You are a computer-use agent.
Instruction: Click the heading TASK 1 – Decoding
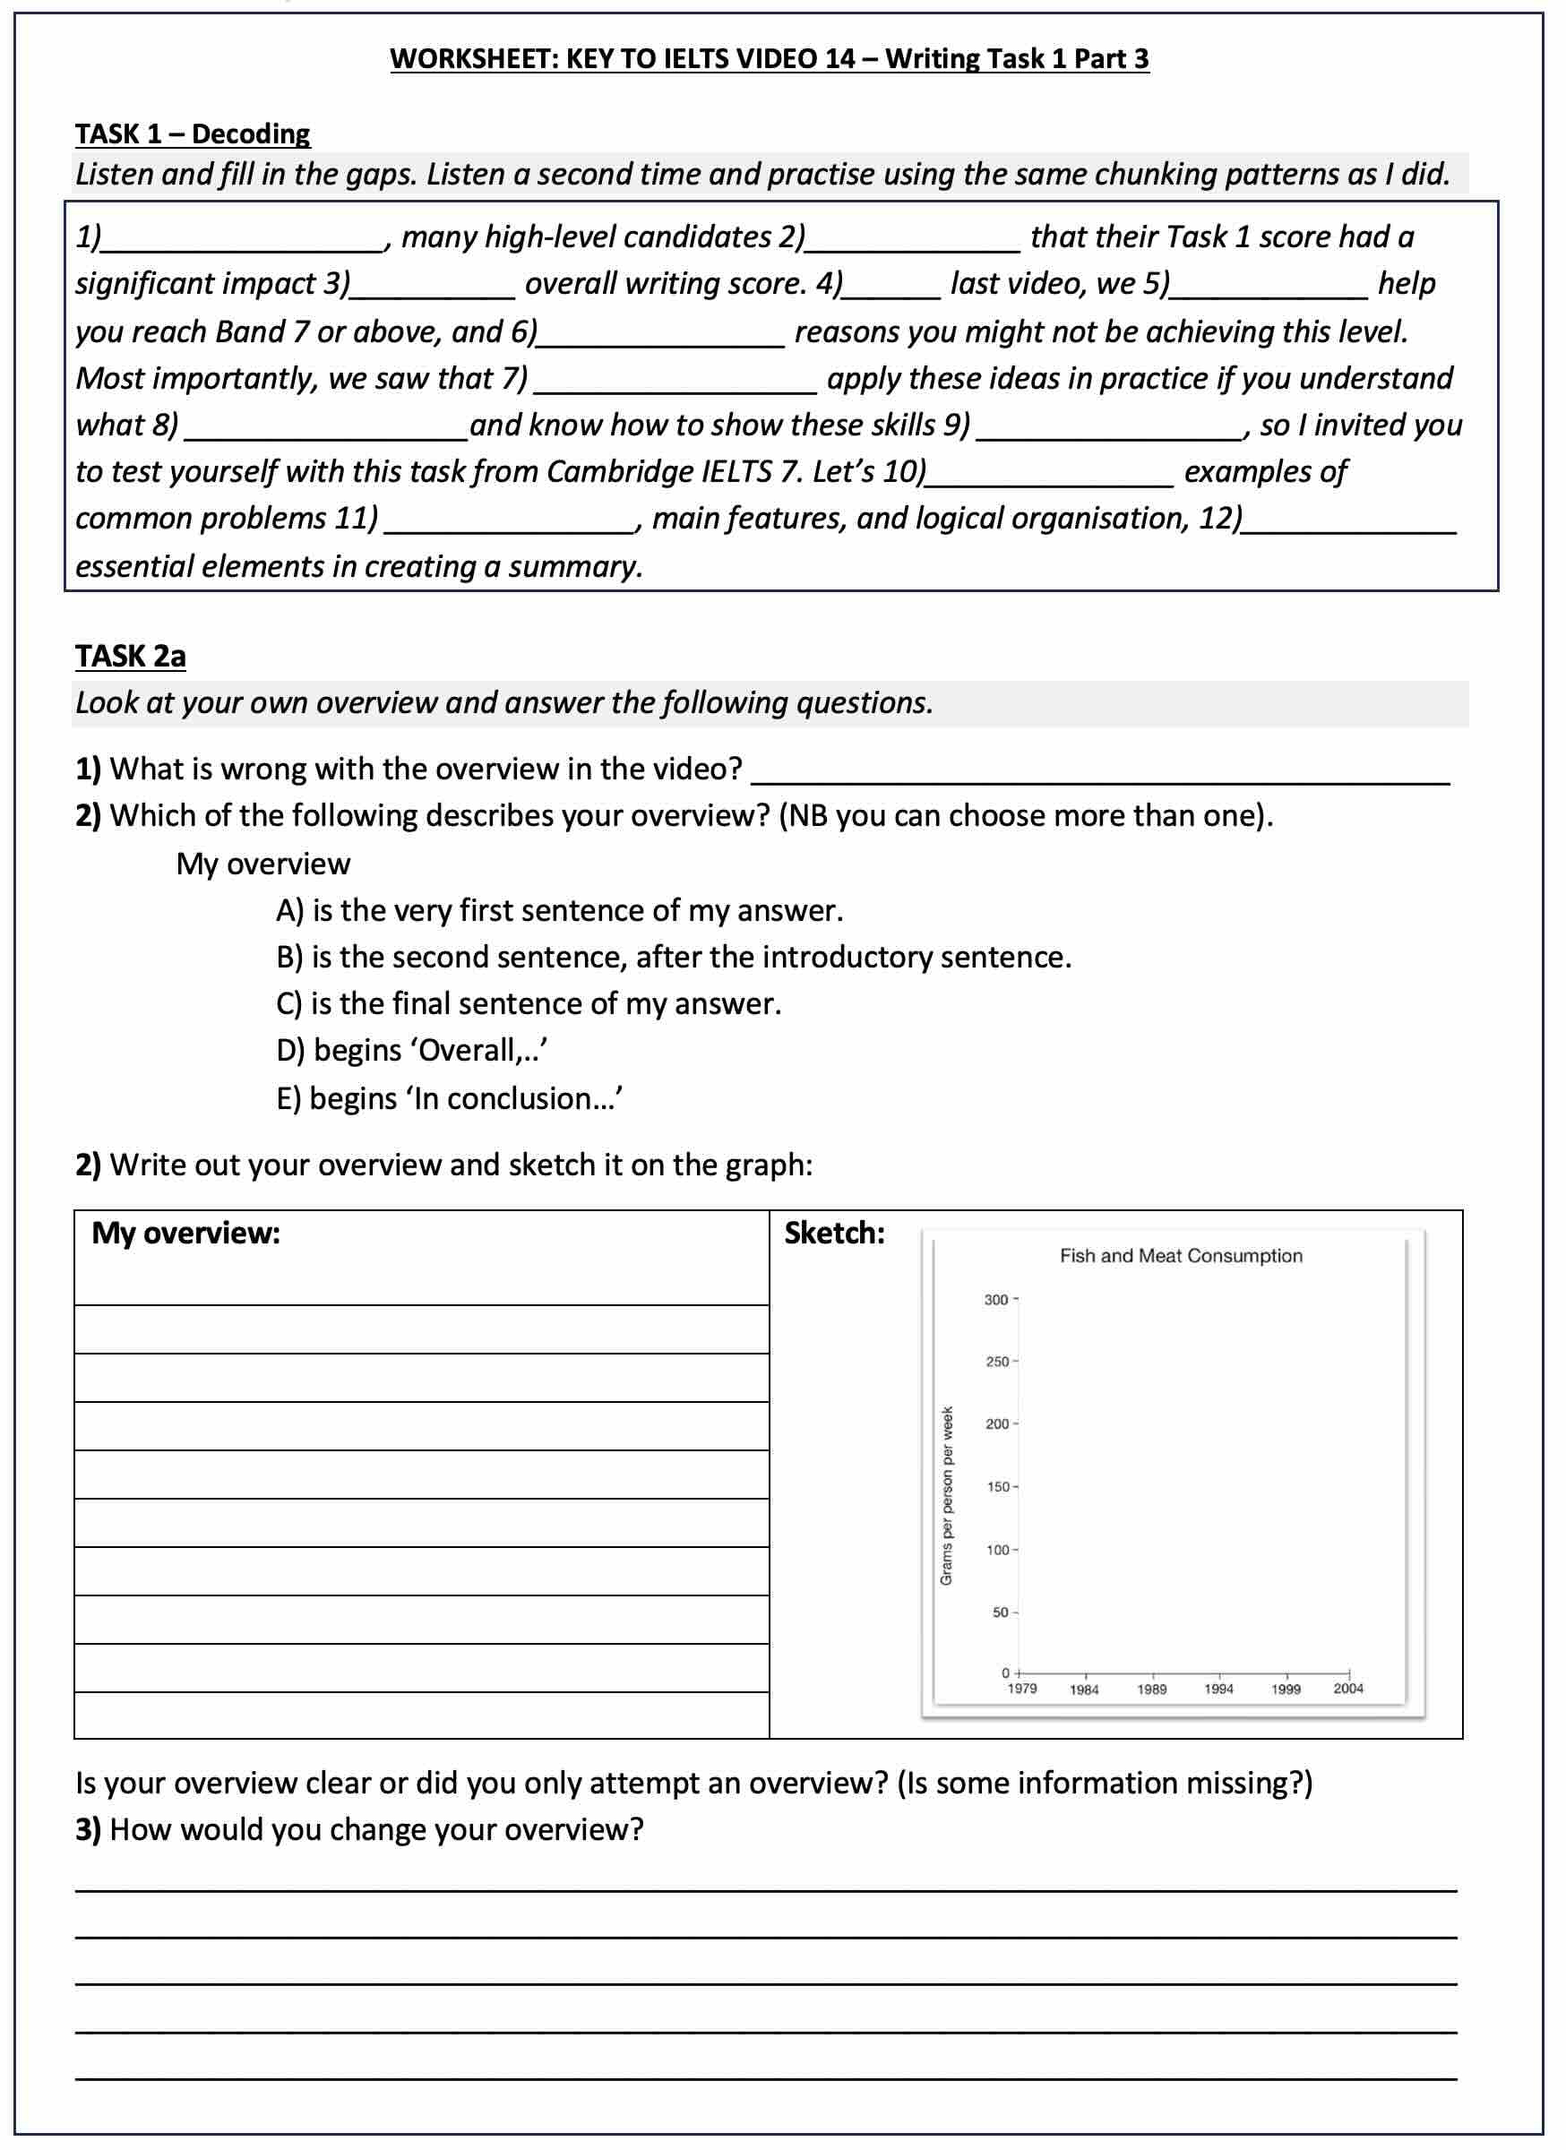pos(193,133)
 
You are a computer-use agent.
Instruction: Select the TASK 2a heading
pos(130,656)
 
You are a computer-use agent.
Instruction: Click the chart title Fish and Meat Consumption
pos(1180,1255)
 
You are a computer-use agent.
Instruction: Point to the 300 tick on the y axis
pos(996,1299)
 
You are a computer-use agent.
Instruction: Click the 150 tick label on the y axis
pos(998,1486)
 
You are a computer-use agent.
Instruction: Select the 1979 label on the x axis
pos(1022,1689)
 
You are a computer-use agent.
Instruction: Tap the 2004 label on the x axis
pos(1348,1689)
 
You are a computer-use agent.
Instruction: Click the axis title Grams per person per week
pos(946,1495)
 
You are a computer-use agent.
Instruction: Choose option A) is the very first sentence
pos(559,910)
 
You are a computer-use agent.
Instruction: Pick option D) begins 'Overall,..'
pos(412,1050)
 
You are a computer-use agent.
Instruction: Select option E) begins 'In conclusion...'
pos(450,1097)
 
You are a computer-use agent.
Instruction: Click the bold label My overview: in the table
pos(185,1233)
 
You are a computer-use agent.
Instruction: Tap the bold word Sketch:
pos(834,1233)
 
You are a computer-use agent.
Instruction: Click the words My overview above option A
pos(262,864)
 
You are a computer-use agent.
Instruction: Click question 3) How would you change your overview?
pos(360,1829)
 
